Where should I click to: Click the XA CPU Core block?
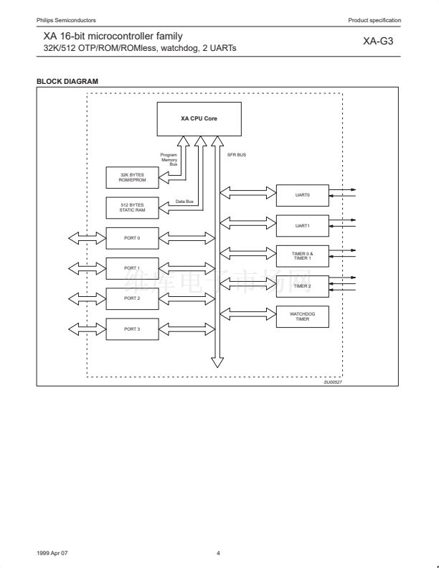(199, 118)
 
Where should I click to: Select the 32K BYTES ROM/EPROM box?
(132, 177)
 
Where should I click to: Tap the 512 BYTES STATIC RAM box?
(132, 207)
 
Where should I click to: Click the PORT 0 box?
(132, 237)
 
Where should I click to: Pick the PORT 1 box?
(132, 268)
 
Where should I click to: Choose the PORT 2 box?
(132, 298)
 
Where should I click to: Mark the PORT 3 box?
(132, 328)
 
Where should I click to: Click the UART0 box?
(302, 194)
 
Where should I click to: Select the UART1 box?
(302, 225)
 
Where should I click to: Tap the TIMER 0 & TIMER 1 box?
(302, 255)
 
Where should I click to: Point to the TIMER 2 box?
(302, 286)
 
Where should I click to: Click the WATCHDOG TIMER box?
(302, 316)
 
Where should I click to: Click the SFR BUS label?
(237, 155)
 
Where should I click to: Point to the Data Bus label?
(184, 202)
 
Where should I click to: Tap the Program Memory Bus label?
(169, 159)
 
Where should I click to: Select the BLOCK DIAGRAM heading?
(67, 81)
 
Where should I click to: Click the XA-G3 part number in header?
(378, 42)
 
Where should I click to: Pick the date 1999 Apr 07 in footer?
(52, 553)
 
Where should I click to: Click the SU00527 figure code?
(333, 382)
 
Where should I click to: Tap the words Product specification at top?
(374, 19)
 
